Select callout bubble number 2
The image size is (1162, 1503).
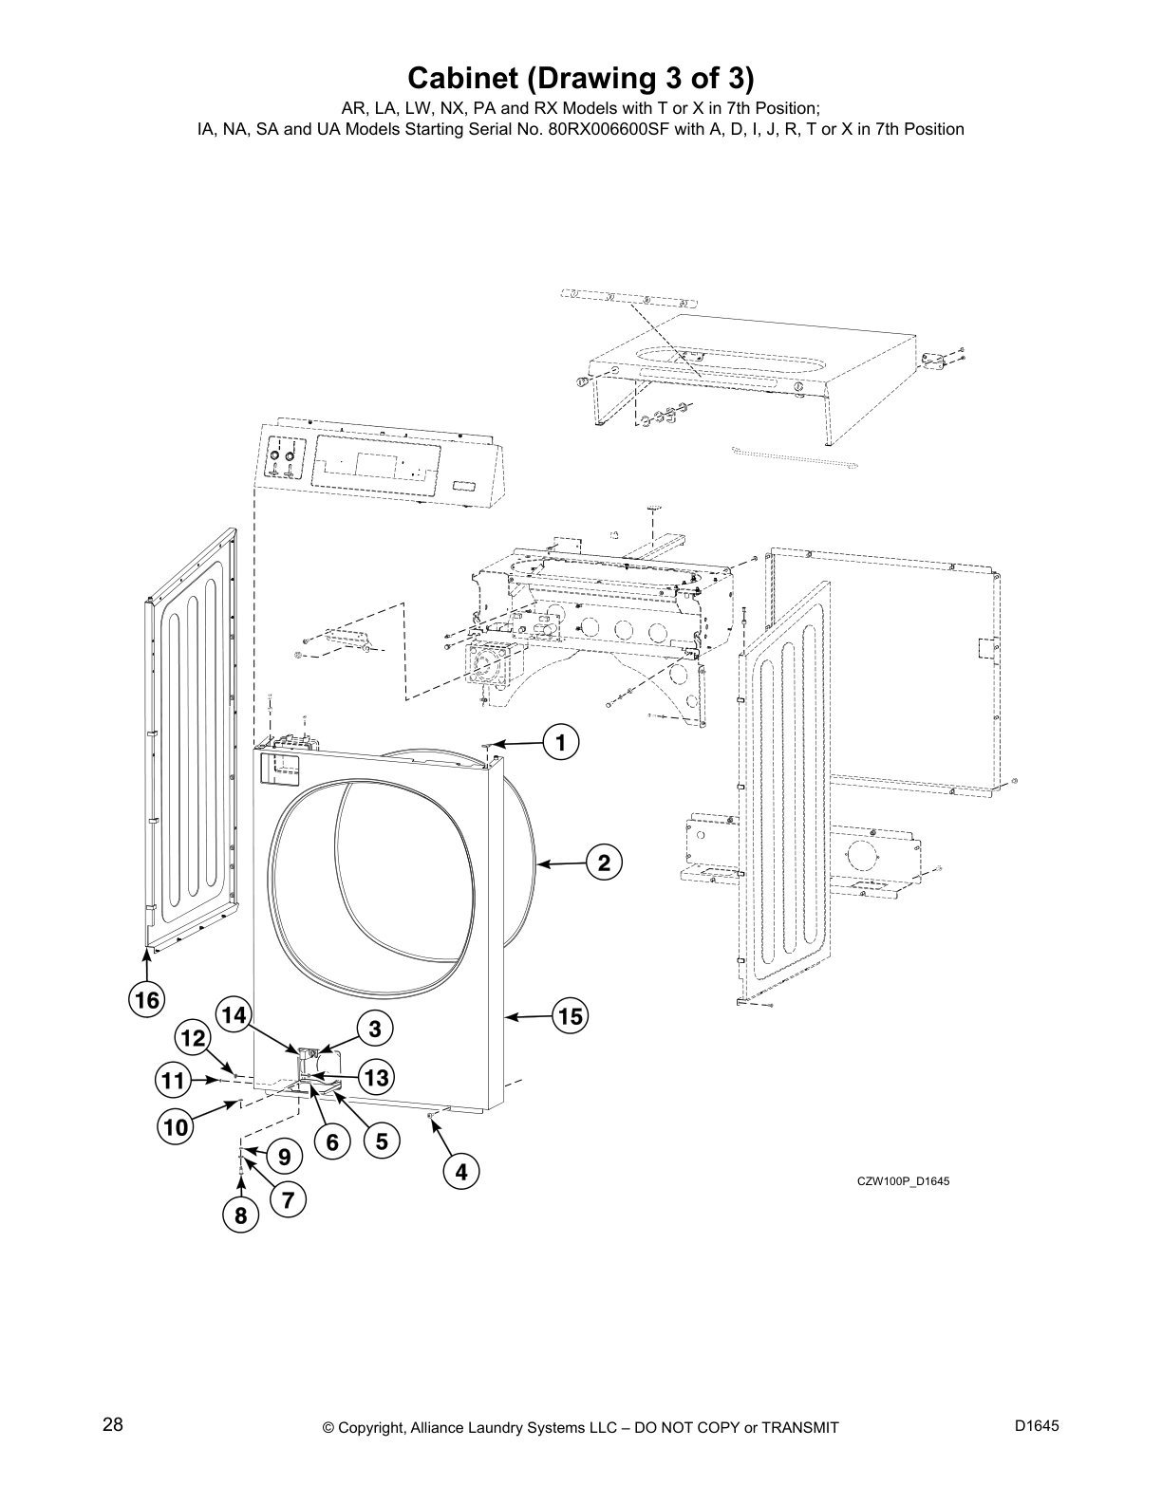[603, 863]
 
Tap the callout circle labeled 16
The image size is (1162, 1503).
[146, 999]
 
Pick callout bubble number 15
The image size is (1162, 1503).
[569, 1017]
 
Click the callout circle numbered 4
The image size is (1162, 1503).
[460, 1173]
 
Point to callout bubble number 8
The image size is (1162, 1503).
[240, 1215]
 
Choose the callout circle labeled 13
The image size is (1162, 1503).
[376, 1078]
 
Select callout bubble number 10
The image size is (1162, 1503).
[176, 1127]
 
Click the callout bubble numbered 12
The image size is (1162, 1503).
[193, 1039]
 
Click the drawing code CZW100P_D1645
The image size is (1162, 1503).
[902, 1181]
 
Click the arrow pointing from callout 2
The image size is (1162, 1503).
[560, 863]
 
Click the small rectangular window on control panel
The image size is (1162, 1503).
[465, 485]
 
